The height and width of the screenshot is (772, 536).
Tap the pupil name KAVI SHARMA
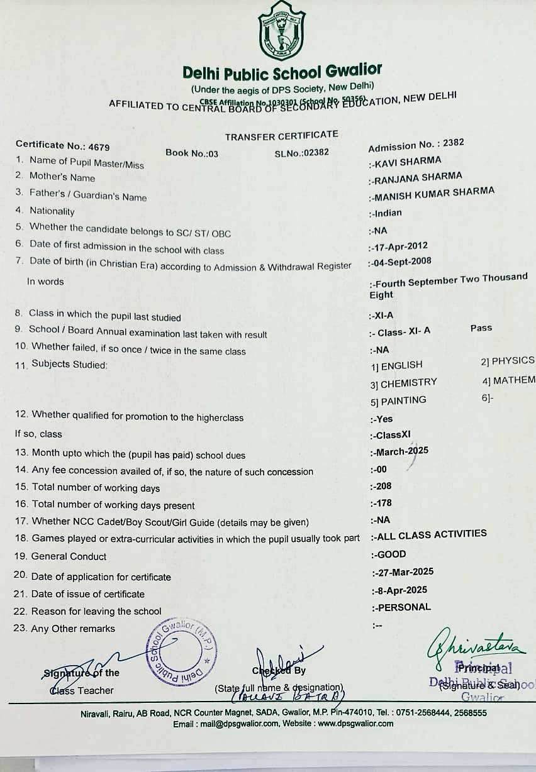[408, 162]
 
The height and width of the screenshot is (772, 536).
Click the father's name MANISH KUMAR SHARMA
[434, 194]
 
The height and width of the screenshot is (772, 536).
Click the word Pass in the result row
[481, 328]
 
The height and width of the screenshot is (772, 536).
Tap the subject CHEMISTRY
[408, 382]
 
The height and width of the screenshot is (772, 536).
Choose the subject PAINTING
[403, 400]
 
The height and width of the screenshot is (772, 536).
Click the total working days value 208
[383, 486]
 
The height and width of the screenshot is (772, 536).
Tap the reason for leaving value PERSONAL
[403, 607]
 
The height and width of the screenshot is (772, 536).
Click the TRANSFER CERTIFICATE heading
[281, 135]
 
